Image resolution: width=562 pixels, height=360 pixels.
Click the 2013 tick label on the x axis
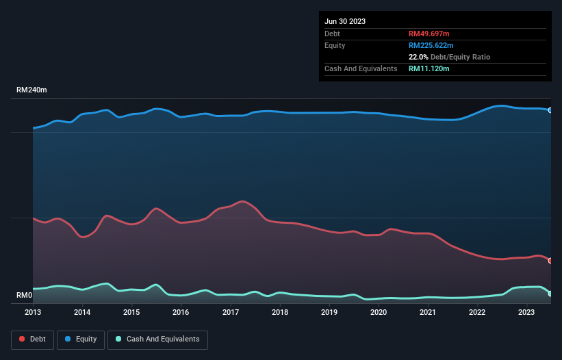(33, 312)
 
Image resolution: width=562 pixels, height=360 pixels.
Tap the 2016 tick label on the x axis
(181, 312)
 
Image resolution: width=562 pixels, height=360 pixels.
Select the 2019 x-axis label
(329, 312)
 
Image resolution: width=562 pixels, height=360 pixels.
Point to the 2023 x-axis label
(526, 312)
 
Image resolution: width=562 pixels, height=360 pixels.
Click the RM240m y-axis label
(31, 90)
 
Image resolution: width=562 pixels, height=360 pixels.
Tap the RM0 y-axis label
(25, 296)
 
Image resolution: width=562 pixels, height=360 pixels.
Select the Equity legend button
(81, 339)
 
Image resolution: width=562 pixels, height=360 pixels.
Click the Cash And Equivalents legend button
(157, 339)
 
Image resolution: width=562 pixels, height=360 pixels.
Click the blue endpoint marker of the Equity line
(550, 110)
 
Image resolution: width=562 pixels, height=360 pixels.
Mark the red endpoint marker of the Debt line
(550, 261)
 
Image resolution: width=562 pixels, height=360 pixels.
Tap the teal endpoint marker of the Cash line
(550, 294)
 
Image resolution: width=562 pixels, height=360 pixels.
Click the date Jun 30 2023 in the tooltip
(345, 21)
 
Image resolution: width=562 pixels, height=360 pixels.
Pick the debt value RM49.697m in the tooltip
(429, 34)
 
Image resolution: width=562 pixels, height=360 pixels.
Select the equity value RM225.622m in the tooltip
(431, 45)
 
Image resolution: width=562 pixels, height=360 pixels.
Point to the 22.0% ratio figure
(418, 57)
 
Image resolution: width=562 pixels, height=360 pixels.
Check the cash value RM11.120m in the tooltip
(429, 68)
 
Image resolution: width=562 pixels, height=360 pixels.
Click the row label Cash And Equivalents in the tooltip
(361, 68)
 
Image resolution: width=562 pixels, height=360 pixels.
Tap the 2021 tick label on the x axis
(428, 312)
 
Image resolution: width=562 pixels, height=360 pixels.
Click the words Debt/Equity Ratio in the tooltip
(460, 57)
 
